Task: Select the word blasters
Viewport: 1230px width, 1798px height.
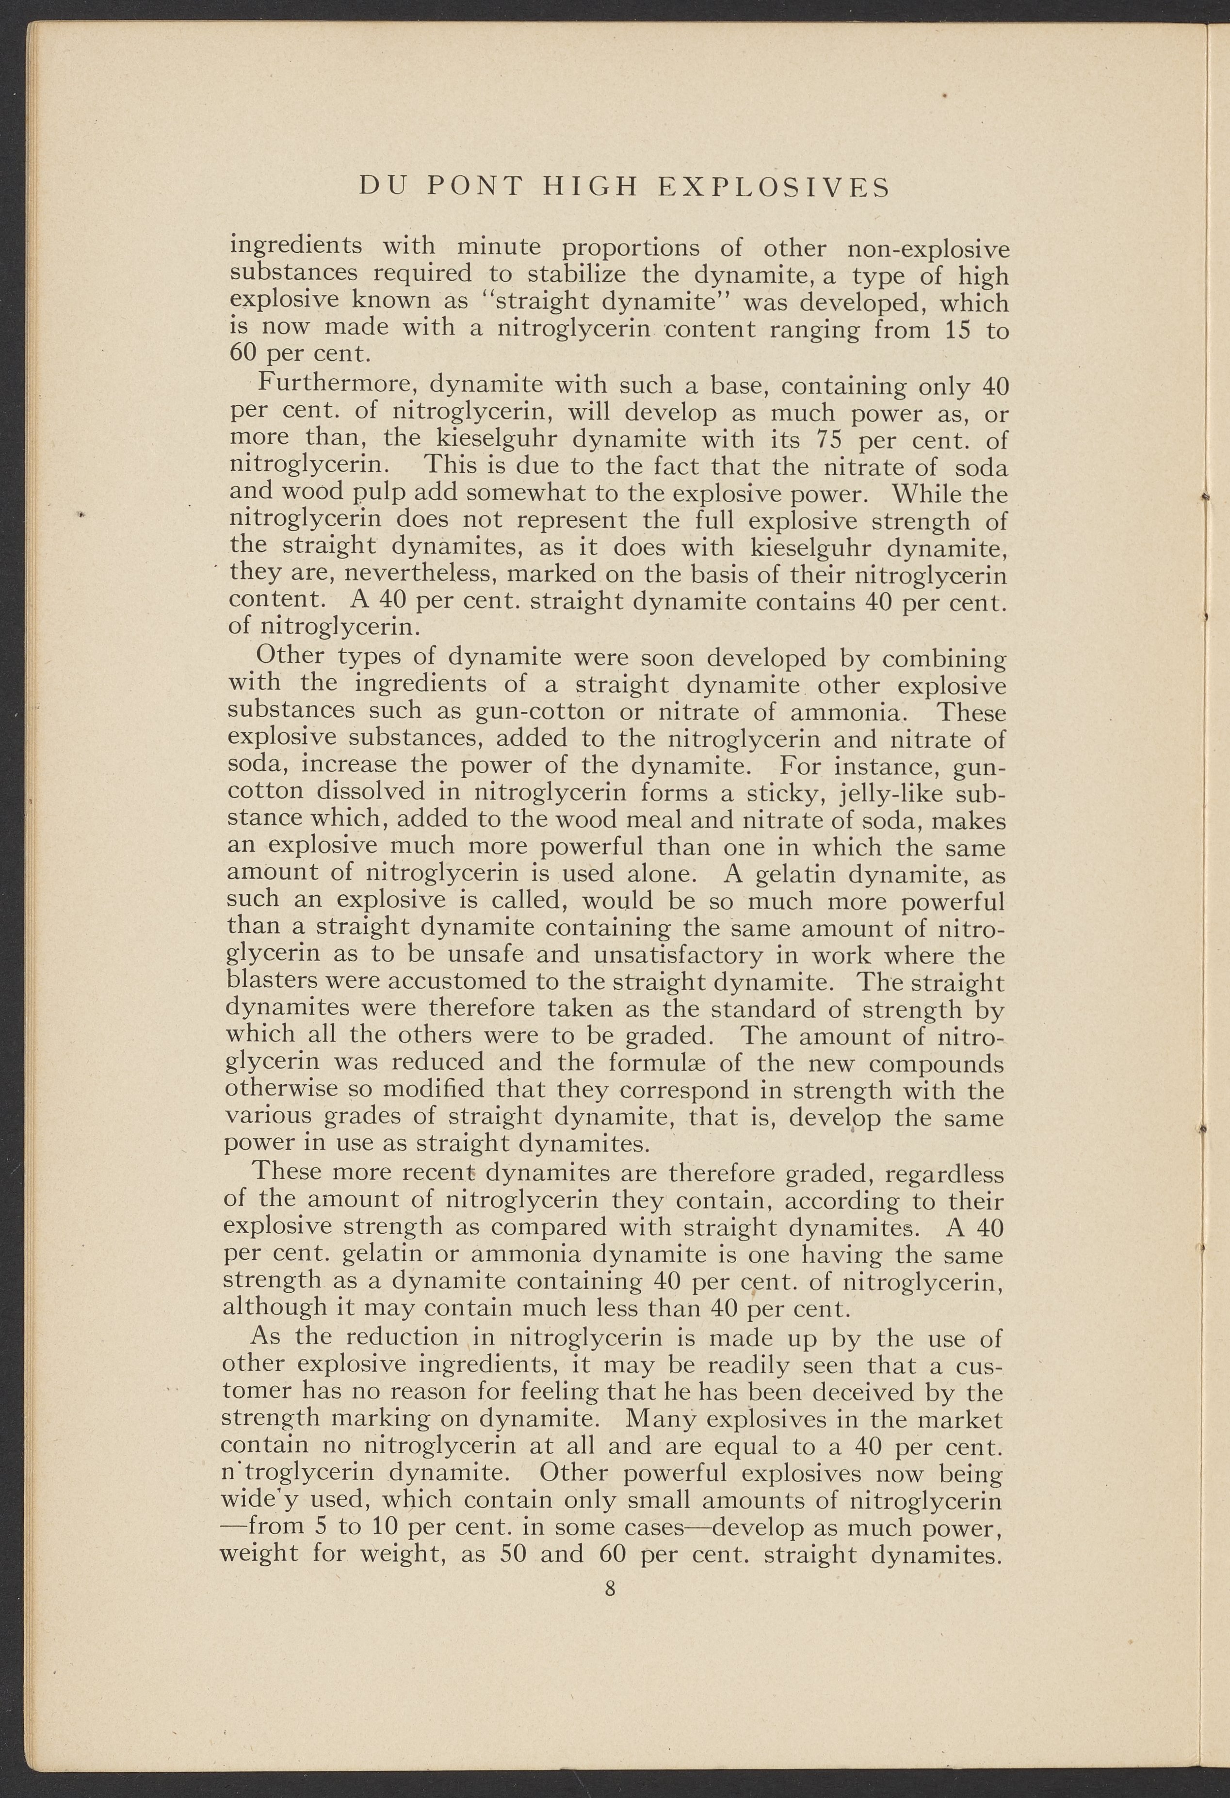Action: [272, 981]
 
